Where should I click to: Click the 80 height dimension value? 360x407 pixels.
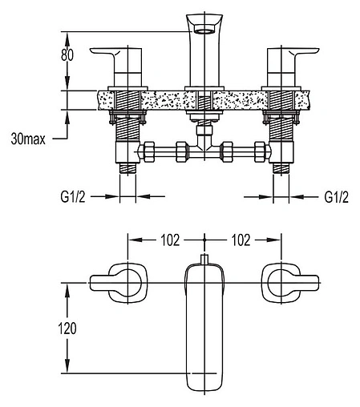pos(67,55)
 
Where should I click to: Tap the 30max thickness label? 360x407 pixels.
pos(28,139)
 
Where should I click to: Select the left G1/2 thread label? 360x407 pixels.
pos(73,197)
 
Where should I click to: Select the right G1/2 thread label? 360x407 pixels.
pos(337,197)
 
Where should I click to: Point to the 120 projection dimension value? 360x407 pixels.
pos(67,328)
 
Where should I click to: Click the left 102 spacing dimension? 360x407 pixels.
pos(170,240)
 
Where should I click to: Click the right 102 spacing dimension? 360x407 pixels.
pos(241,240)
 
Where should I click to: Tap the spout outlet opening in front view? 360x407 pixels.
pos(204,29)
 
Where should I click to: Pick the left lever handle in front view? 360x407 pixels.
pos(115,67)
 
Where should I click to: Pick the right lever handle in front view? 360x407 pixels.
pos(293,67)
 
